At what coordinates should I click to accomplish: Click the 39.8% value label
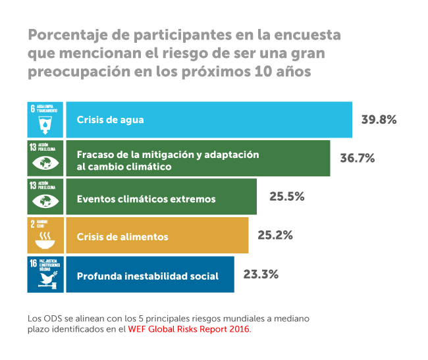(379, 120)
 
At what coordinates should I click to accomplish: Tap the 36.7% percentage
(358, 158)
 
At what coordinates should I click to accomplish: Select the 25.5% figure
(287, 196)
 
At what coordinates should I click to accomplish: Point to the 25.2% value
(275, 235)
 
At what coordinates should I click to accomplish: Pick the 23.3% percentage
(261, 274)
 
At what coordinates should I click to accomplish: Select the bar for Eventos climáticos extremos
(161, 197)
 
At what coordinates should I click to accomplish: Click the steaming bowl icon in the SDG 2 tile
(45, 241)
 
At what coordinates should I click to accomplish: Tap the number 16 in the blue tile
(34, 264)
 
